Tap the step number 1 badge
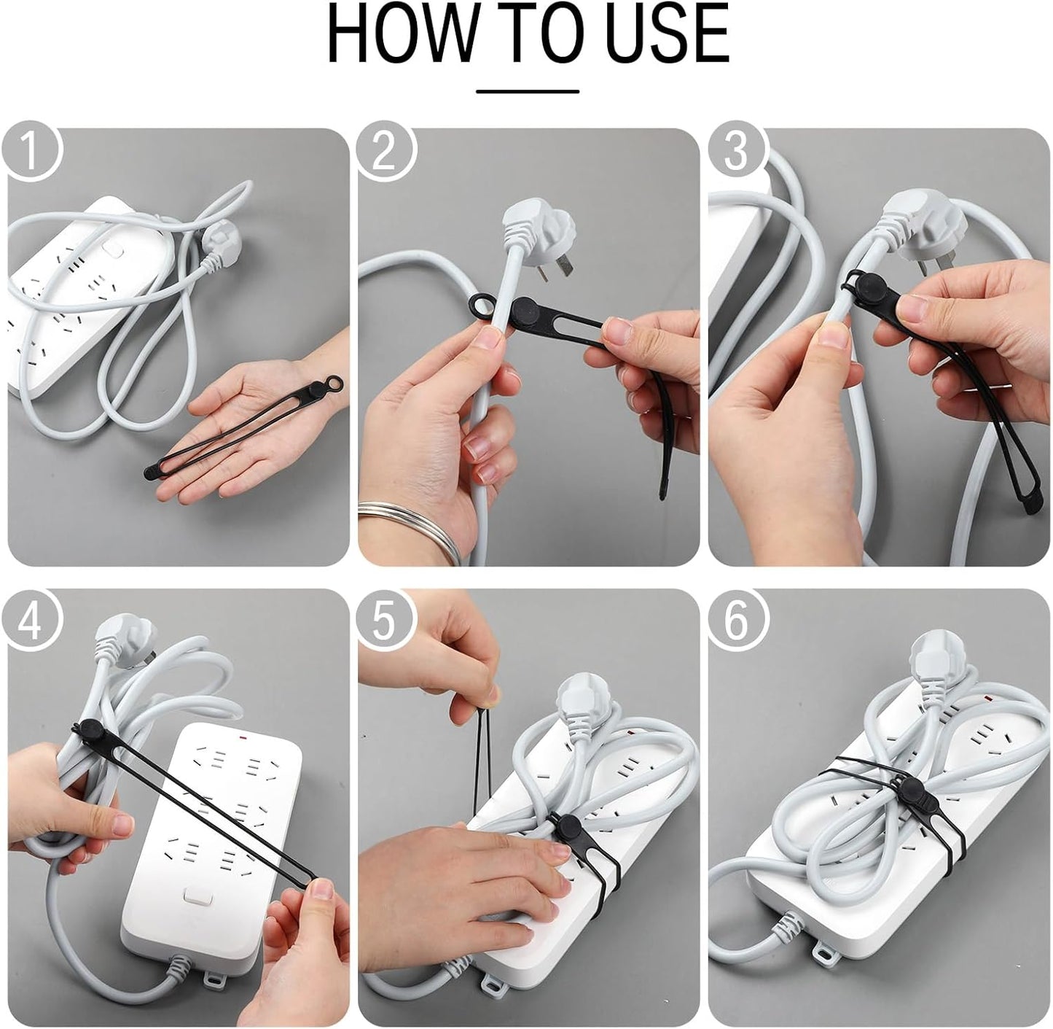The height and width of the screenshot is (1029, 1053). coord(31,150)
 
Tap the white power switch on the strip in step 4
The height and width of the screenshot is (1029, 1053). coord(197,896)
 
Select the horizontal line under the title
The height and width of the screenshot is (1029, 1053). coord(528,92)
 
